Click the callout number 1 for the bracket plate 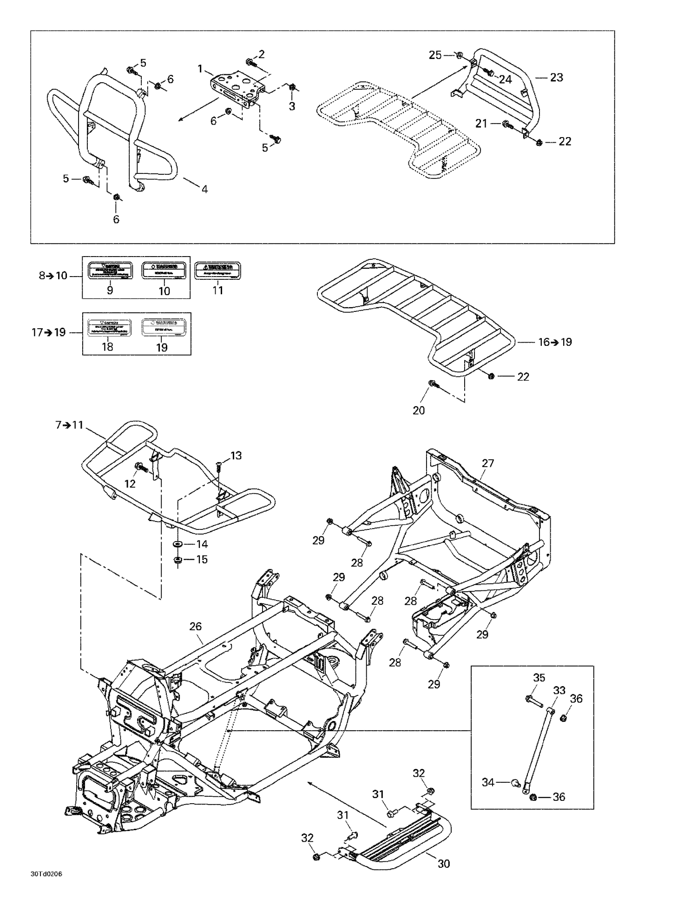tap(200, 69)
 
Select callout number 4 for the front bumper tap(204, 189)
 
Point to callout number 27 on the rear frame tap(488, 463)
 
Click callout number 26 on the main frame tap(196, 626)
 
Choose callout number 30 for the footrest tap(444, 863)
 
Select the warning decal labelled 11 tap(217, 271)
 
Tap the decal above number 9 tap(110, 271)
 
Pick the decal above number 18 tap(108, 327)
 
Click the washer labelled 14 tap(178, 544)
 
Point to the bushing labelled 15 tap(177, 560)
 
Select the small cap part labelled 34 tap(515, 783)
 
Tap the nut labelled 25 tap(459, 55)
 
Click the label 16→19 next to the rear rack tap(555, 342)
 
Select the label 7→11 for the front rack tap(69, 424)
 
